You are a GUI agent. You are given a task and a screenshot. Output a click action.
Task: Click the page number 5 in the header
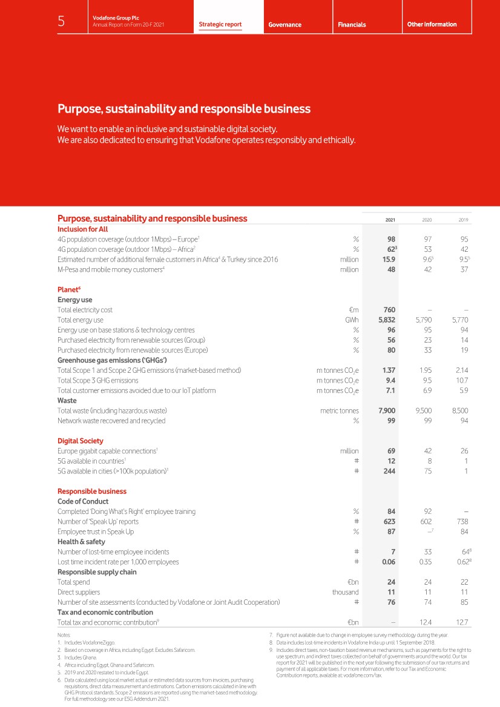pos(61,22)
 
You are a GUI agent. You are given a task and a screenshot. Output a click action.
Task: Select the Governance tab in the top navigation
pos(285,25)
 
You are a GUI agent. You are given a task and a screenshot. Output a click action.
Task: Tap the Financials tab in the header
pos(352,25)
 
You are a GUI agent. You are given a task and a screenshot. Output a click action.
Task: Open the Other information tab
pos(432,24)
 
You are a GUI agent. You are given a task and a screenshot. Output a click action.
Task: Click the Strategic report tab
pos(220,25)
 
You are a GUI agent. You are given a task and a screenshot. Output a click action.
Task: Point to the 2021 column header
pos(390,220)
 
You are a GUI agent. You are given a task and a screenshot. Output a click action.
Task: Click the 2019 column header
pos(463,220)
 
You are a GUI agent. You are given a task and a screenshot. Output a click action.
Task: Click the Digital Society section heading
pos(80,441)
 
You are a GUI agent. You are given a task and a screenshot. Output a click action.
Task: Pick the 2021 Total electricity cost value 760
pos(387,310)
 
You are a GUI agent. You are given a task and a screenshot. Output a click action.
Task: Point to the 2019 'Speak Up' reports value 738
pos(460,521)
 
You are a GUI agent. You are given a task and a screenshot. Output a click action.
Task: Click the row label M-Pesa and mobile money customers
pos(111,269)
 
